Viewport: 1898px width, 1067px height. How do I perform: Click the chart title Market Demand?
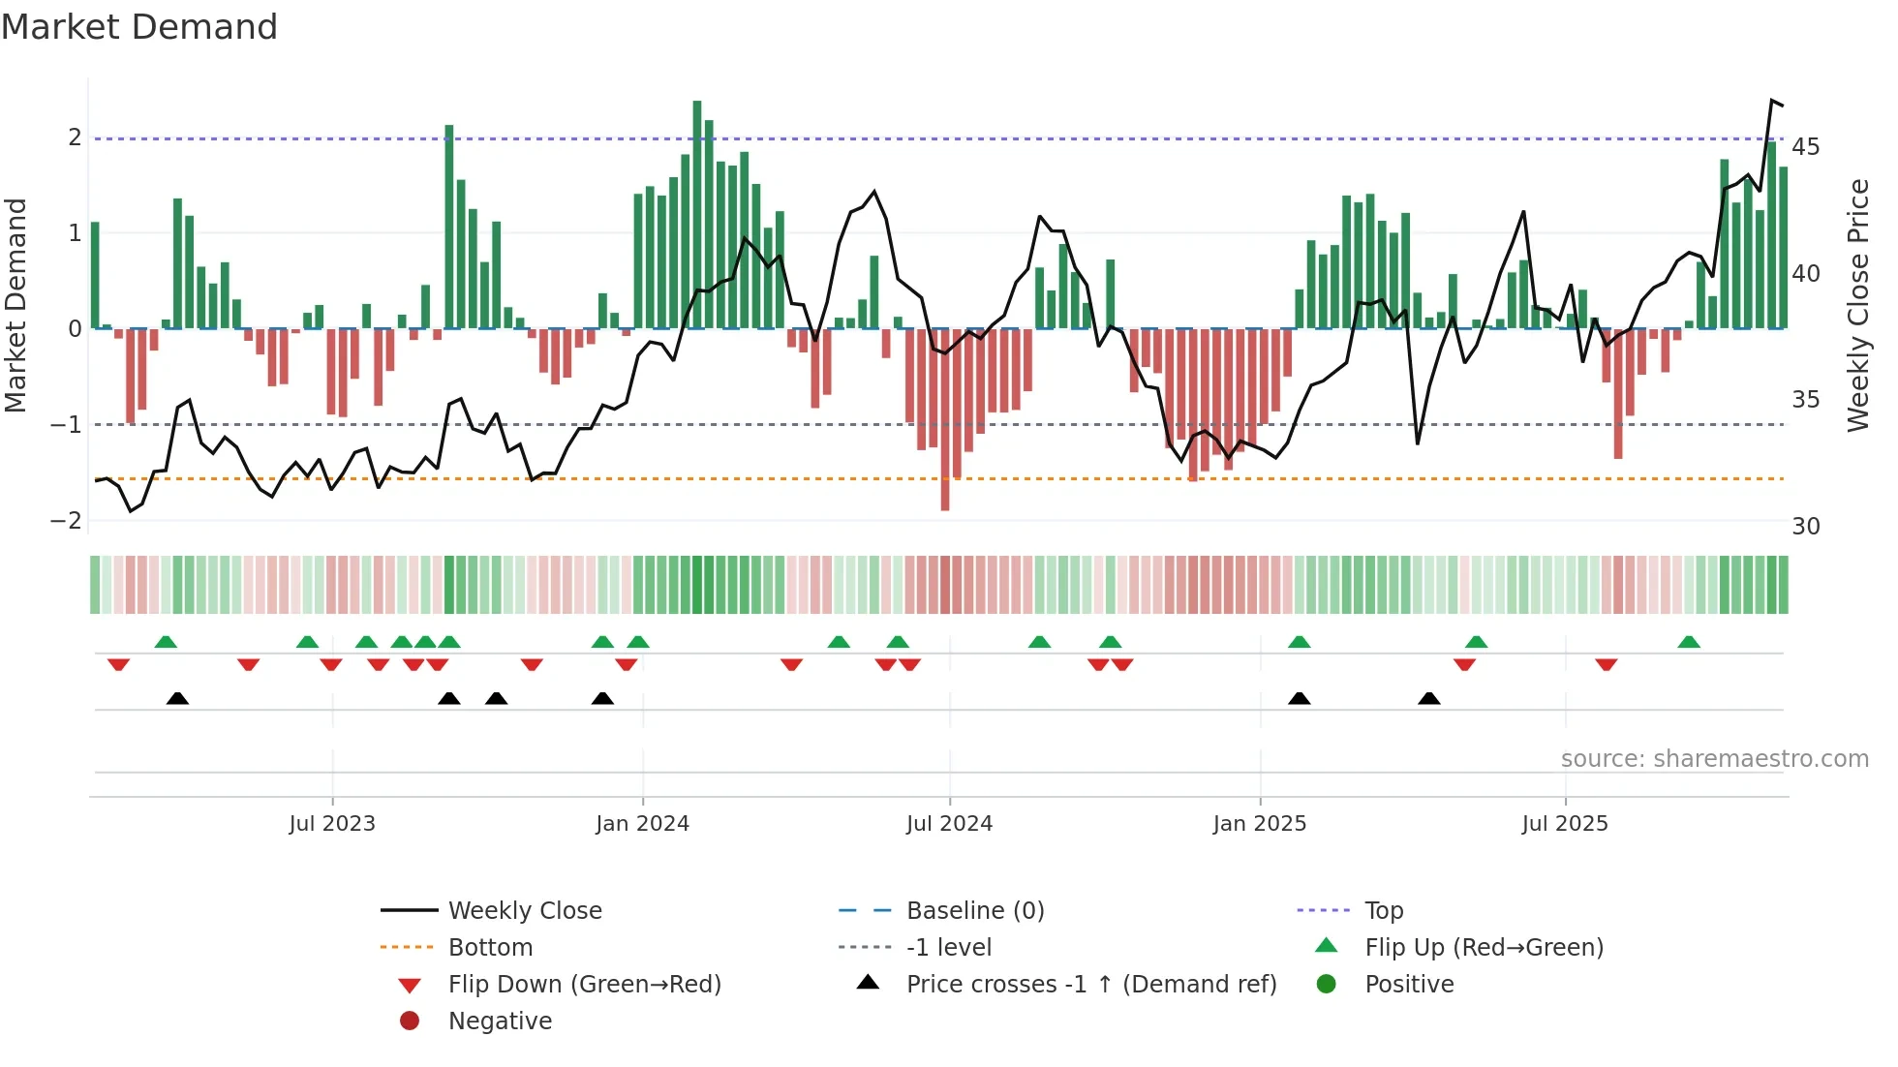point(139,27)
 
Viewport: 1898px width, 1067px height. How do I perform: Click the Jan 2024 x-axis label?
point(642,824)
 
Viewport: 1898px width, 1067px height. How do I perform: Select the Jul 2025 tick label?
point(1564,824)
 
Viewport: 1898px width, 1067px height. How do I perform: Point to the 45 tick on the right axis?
point(1805,147)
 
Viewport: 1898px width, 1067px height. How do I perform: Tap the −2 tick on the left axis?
point(67,521)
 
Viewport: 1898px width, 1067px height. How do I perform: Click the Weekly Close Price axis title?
point(1857,305)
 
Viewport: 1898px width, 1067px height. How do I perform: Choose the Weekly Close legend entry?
point(524,911)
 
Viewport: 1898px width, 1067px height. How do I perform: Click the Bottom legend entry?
point(490,948)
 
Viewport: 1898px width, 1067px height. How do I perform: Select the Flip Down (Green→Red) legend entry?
point(584,985)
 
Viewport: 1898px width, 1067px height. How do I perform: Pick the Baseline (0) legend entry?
point(974,911)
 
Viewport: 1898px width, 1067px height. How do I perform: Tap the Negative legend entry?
point(500,1021)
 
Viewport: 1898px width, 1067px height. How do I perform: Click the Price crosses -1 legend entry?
point(1090,985)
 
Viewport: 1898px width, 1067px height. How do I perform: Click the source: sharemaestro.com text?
point(1714,759)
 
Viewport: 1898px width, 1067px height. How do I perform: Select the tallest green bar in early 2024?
point(697,213)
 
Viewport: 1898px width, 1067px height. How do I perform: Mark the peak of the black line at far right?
point(1772,101)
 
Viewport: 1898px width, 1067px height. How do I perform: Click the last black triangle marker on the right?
point(1429,698)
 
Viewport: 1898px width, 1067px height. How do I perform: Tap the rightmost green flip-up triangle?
point(1689,642)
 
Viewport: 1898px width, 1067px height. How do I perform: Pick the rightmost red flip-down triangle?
point(1607,664)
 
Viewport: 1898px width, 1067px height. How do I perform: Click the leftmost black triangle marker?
point(177,698)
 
